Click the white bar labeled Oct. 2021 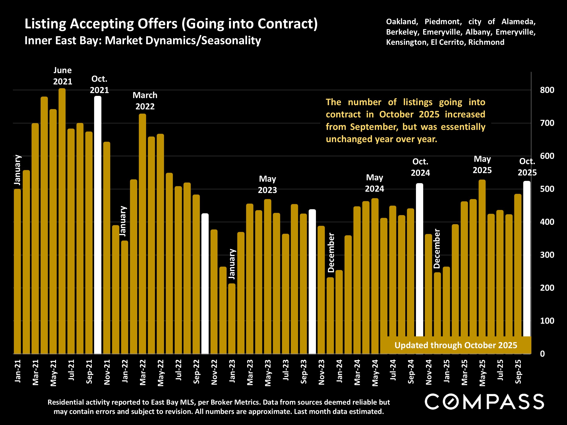pos(98,226)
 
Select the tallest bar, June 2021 pos(62,220)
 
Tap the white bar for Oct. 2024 pos(419,259)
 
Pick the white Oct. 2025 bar pos(527,259)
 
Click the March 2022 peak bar pos(142,233)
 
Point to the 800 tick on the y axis pos(547,90)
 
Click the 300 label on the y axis pos(547,255)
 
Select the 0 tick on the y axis pos(543,354)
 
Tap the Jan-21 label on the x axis pos(18,371)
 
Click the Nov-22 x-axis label pos(214,372)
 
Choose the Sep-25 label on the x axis pos(518,372)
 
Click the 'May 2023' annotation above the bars pos(267,185)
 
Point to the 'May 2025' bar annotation pos(482,165)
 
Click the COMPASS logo pos(484,401)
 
